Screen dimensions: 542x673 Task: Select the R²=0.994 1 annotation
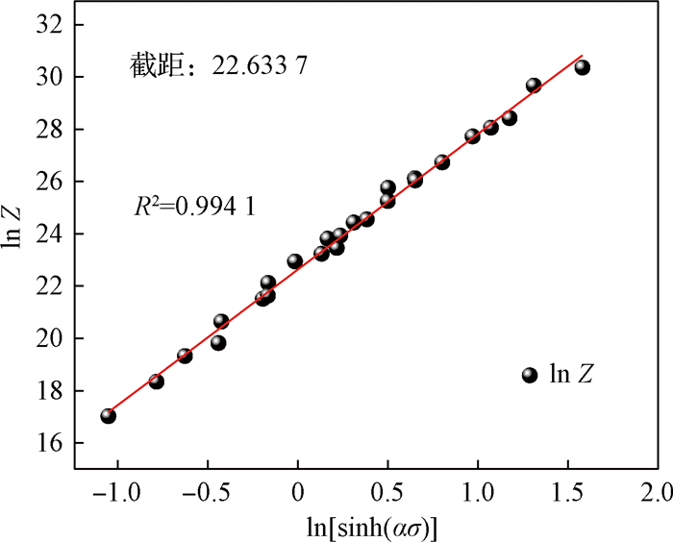coord(193,206)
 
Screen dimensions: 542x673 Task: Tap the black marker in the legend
coord(529,375)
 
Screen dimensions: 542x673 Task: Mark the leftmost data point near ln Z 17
coord(108,416)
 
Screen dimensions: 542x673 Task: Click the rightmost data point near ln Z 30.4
coord(582,67)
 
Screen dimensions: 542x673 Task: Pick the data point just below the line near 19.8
coord(218,342)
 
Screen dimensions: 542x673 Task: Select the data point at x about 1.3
coord(534,86)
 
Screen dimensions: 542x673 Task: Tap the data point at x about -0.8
coord(156,382)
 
